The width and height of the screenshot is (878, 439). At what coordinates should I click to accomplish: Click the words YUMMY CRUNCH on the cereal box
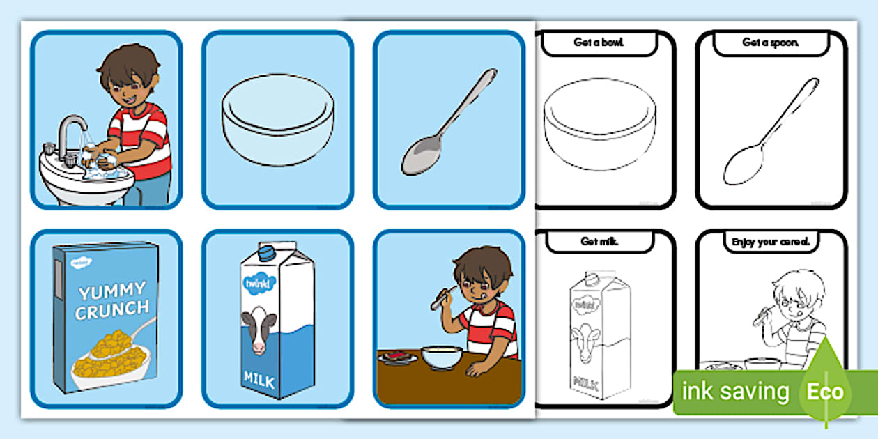click(x=111, y=300)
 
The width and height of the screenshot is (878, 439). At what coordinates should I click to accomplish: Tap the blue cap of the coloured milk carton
click(x=268, y=251)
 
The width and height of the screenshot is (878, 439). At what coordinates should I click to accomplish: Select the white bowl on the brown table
click(x=442, y=357)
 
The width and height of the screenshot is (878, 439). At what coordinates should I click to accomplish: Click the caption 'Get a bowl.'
click(x=599, y=43)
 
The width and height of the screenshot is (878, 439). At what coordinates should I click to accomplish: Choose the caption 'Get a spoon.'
click(x=771, y=43)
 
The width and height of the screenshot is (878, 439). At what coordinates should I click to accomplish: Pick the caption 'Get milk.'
click(x=599, y=242)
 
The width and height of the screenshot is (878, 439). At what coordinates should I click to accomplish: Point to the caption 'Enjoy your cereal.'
click(x=770, y=242)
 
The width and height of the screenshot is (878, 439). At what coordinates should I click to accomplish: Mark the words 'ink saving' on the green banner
click(x=734, y=392)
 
